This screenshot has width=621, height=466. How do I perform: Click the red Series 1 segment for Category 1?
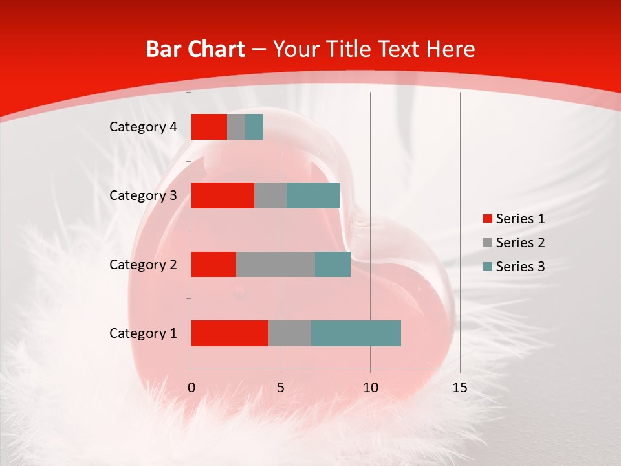tap(230, 333)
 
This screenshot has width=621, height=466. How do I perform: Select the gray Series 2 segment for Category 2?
tap(276, 264)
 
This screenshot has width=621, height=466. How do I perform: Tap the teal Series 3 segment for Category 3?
tap(314, 195)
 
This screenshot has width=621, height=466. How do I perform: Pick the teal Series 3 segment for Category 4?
tap(254, 127)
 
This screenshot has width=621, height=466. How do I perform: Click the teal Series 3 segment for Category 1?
tap(356, 333)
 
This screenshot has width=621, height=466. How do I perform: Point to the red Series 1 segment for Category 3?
tap(223, 195)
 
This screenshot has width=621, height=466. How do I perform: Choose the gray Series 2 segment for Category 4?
tap(236, 127)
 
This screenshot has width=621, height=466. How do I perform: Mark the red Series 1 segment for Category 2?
tap(213, 264)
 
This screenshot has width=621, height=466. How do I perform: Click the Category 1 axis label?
tap(143, 333)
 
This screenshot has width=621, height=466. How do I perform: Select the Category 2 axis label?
tap(143, 264)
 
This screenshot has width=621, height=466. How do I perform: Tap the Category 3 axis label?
tap(143, 195)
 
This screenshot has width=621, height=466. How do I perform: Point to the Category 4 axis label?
tap(143, 127)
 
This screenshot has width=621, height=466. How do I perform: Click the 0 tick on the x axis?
tap(191, 388)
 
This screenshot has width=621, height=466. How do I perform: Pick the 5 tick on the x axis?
tap(281, 388)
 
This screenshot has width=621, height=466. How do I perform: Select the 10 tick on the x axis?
tap(370, 388)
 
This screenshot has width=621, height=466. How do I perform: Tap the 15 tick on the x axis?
tap(459, 388)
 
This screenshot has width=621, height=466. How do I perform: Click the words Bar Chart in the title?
tap(195, 49)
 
